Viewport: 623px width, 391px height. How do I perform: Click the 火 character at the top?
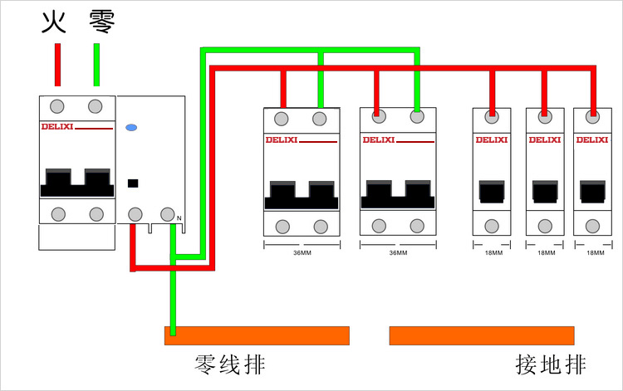click(54, 22)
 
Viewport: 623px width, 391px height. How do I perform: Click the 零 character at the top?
click(101, 22)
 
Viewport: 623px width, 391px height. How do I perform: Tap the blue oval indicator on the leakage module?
click(131, 127)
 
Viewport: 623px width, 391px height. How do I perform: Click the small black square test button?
click(133, 183)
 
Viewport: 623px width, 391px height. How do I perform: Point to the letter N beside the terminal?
click(179, 218)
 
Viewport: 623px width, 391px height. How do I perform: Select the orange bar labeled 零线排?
click(257, 335)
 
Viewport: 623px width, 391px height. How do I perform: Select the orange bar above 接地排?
click(482, 335)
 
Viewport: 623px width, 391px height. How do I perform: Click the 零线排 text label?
click(230, 364)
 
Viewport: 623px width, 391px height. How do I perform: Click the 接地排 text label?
click(551, 364)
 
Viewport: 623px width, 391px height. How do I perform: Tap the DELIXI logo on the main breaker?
click(57, 127)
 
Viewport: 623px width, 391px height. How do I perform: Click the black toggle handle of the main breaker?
click(77, 183)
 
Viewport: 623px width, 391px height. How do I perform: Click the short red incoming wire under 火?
click(57, 65)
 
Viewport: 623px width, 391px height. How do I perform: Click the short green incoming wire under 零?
click(96, 65)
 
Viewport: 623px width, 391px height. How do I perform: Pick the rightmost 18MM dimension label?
click(596, 253)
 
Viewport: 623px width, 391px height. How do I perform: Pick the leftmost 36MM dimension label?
click(302, 253)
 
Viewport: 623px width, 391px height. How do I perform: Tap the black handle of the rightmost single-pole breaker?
click(592, 192)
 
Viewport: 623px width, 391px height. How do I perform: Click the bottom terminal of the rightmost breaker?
click(592, 227)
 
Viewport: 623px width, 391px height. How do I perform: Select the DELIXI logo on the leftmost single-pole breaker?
click(492, 139)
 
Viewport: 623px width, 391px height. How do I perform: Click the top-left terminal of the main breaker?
click(57, 106)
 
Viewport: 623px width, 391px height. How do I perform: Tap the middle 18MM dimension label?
click(547, 253)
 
